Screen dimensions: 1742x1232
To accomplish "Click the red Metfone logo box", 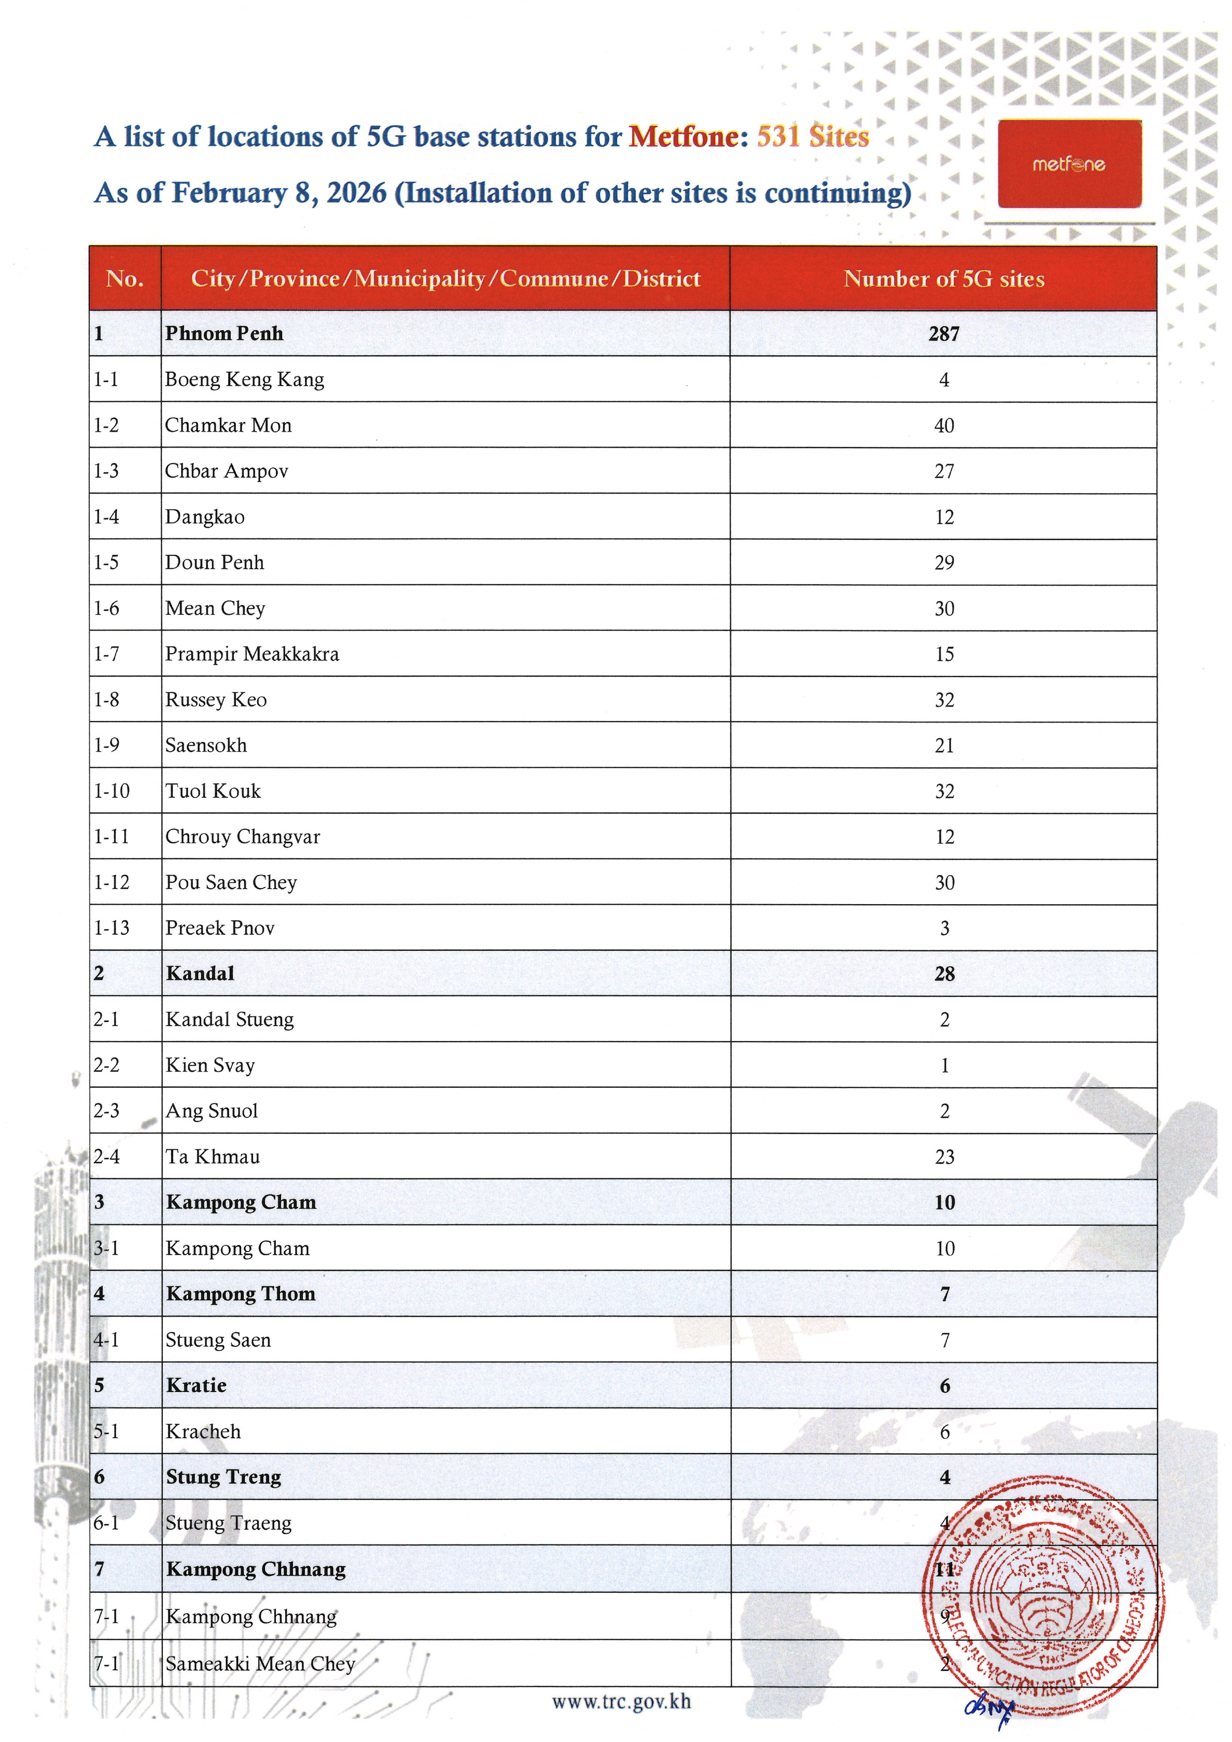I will (x=1069, y=163).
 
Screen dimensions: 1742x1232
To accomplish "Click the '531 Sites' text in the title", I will (x=813, y=136).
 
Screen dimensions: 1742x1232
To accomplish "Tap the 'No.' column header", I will (x=125, y=278).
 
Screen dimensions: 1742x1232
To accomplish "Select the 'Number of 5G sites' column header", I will (x=944, y=278).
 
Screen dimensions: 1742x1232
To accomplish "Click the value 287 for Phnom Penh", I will (x=944, y=334).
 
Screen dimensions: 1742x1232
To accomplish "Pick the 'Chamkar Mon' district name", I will (x=228, y=425).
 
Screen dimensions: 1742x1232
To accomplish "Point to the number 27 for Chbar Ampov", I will (x=944, y=471).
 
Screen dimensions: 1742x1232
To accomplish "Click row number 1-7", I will (x=106, y=654).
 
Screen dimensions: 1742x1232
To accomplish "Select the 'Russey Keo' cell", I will (x=216, y=699).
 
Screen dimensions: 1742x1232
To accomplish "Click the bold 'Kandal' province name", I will (x=200, y=974).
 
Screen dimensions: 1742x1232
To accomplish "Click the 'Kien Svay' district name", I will (x=210, y=1065).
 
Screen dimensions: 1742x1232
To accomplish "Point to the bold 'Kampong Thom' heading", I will (x=241, y=1294).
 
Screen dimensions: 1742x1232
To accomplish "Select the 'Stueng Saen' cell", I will (x=218, y=1340).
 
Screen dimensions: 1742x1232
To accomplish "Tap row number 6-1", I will (x=106, y=1523).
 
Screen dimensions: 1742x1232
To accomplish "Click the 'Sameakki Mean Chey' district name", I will (x=260, y=1664).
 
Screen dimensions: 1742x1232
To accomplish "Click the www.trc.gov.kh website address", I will (x=621, y=1702).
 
